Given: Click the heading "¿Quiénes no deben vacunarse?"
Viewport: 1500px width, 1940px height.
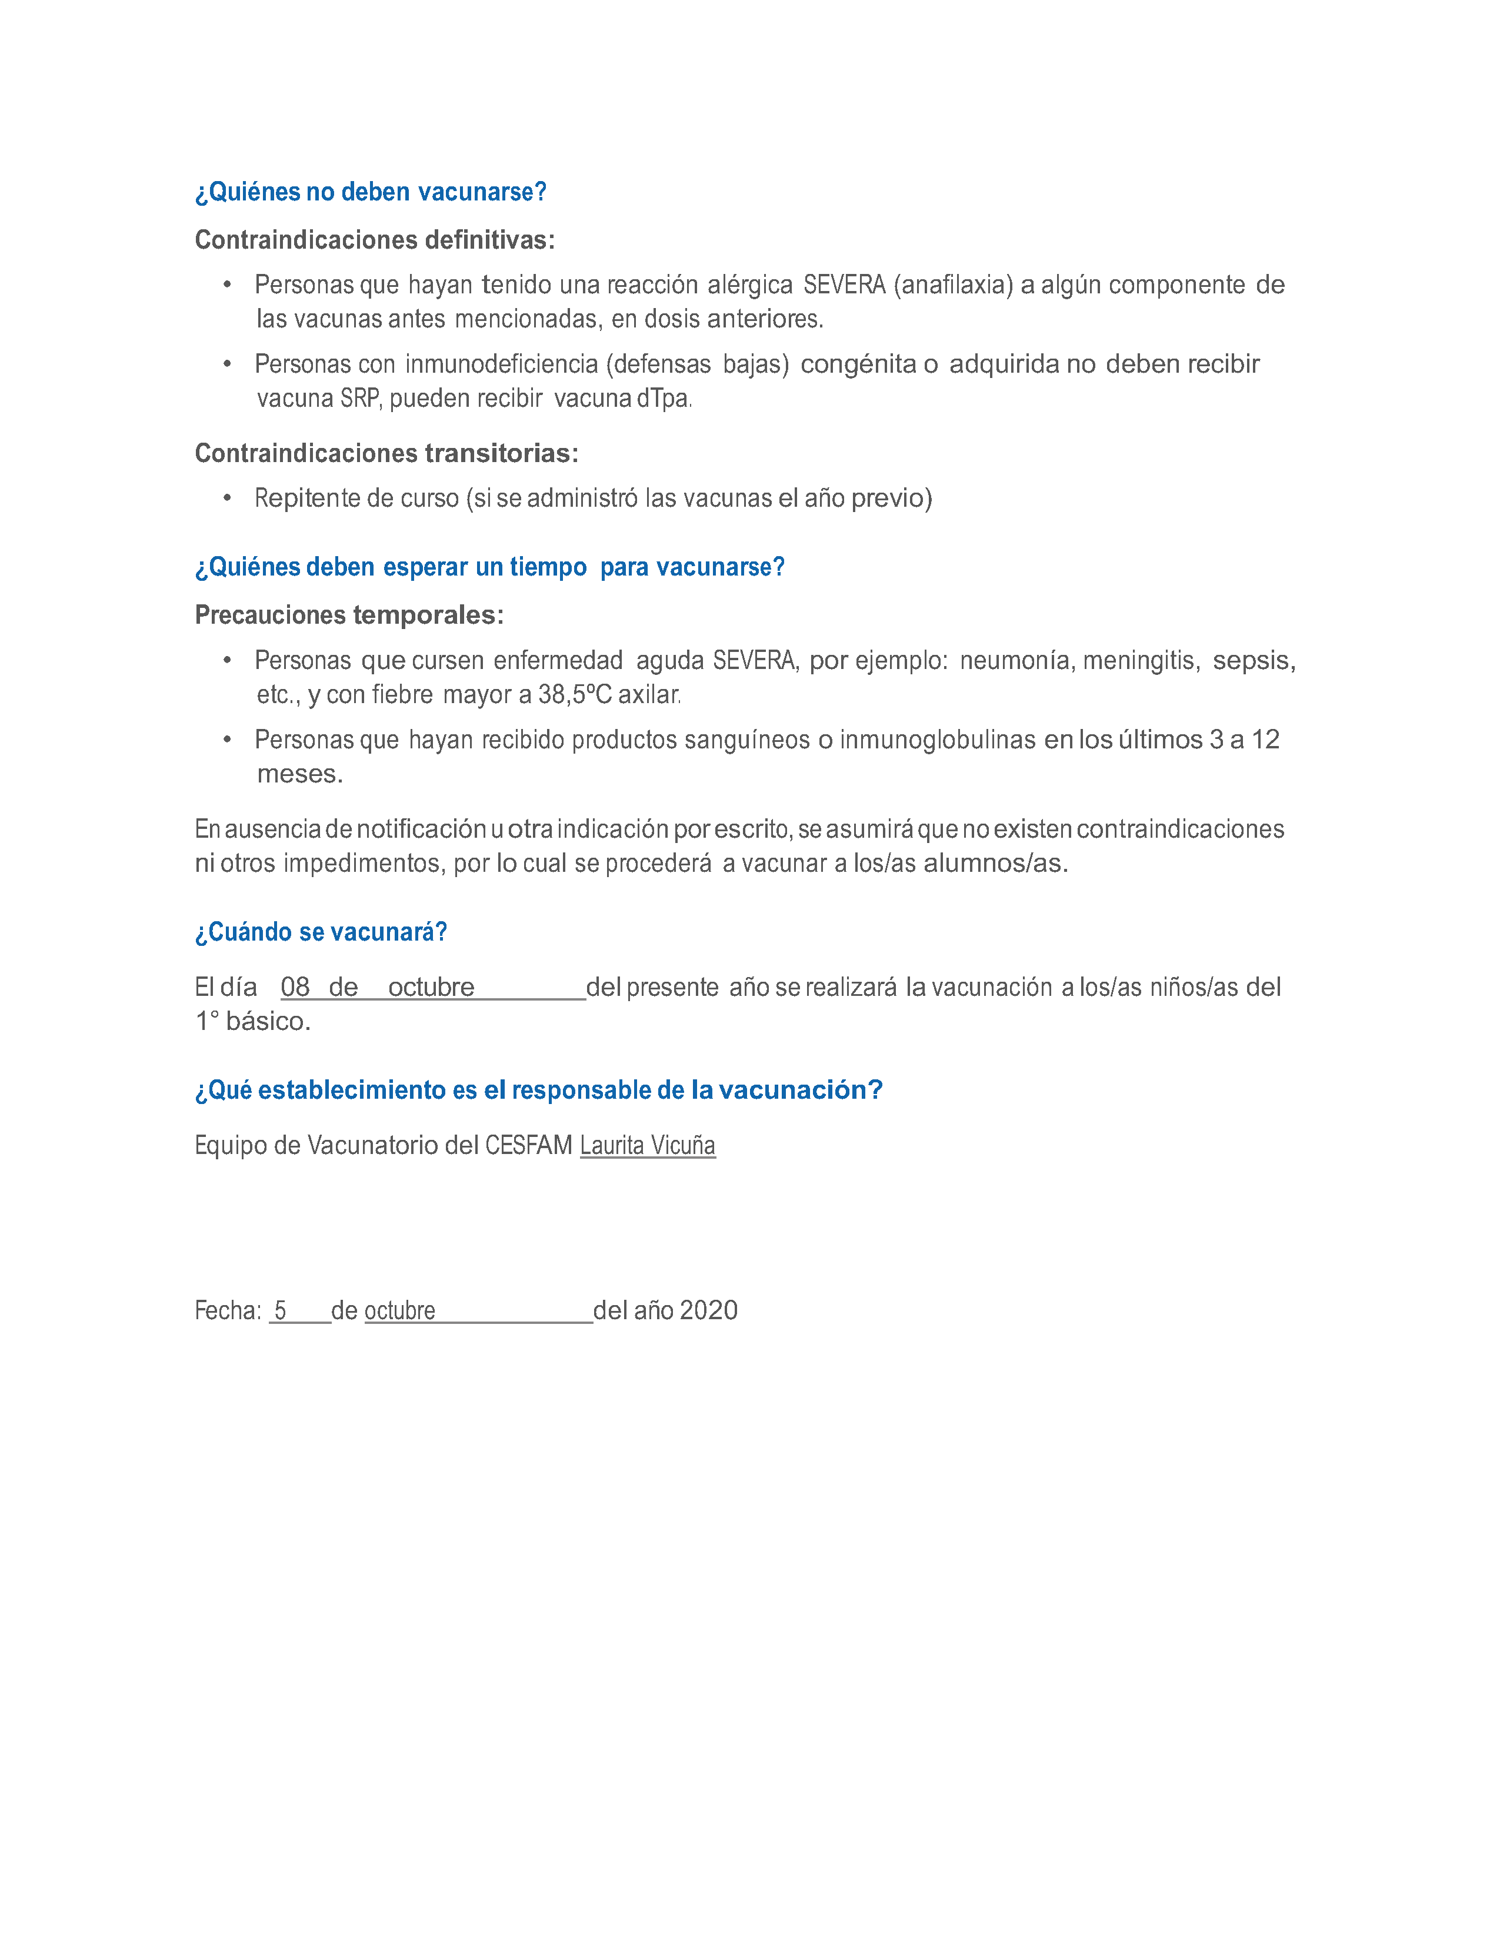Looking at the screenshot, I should point(371,192).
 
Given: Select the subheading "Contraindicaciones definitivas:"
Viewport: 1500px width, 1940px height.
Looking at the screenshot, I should point(374,240).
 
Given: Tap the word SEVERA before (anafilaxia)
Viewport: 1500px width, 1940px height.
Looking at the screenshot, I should point(844,285).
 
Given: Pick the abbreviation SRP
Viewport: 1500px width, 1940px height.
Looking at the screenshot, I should point(361,399).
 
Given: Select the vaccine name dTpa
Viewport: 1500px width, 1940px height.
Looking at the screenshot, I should point(663,399).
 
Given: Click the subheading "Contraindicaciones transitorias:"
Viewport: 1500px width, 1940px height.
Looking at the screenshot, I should point(386,454).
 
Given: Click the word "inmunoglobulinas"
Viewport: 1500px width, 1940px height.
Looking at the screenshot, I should point(938,740).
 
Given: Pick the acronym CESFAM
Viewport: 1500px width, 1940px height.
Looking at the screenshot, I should point(528,1146).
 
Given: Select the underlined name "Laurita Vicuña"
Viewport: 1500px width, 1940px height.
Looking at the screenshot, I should point(647,1146).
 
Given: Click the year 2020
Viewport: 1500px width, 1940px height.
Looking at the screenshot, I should point(708,1310).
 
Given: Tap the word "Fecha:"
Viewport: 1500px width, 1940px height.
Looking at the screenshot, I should point(228,1310).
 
